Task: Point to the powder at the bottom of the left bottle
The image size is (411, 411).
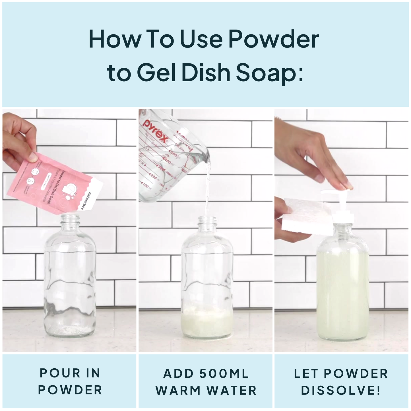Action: pos(70,330)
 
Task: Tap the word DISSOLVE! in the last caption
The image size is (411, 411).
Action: pos(341,390)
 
